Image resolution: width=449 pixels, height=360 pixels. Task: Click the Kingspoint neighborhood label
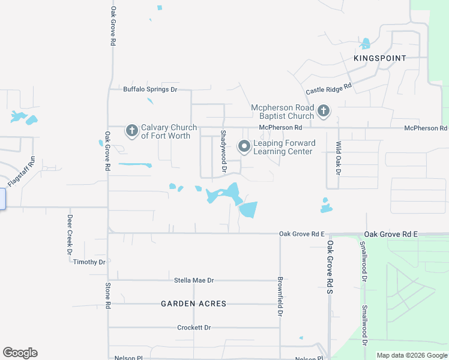[x=380, y=58]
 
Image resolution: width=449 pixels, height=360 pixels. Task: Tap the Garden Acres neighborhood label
[x=194, y=304]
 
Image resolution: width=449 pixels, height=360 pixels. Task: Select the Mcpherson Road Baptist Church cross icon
[x=324, y=110]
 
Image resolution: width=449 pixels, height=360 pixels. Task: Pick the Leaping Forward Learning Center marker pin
[x=244, y=146]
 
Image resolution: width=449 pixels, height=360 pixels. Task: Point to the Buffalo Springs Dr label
[x=150, y=89]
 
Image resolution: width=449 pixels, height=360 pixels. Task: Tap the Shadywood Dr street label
[x=223, y=152]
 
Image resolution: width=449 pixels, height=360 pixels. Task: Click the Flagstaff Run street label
[x=22, y=171]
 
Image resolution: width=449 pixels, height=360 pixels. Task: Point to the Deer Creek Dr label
[x=70, y=234]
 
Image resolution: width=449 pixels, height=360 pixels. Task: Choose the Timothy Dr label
[x=89, y=262]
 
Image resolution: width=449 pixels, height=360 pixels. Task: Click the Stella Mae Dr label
[x=194, y=280]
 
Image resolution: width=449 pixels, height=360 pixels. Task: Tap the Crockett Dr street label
[x=194, y=328]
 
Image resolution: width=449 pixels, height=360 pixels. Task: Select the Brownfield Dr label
[x=280, y=296]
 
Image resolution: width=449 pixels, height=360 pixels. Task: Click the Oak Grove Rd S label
[x=330, y=268]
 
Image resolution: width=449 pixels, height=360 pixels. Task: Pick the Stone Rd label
[x=108, y=295]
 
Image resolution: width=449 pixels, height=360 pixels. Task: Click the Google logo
[x=20, y=353]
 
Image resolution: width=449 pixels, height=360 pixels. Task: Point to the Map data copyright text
[x=411, y=355]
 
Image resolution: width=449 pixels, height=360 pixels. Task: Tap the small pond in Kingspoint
[x=365, y=44]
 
